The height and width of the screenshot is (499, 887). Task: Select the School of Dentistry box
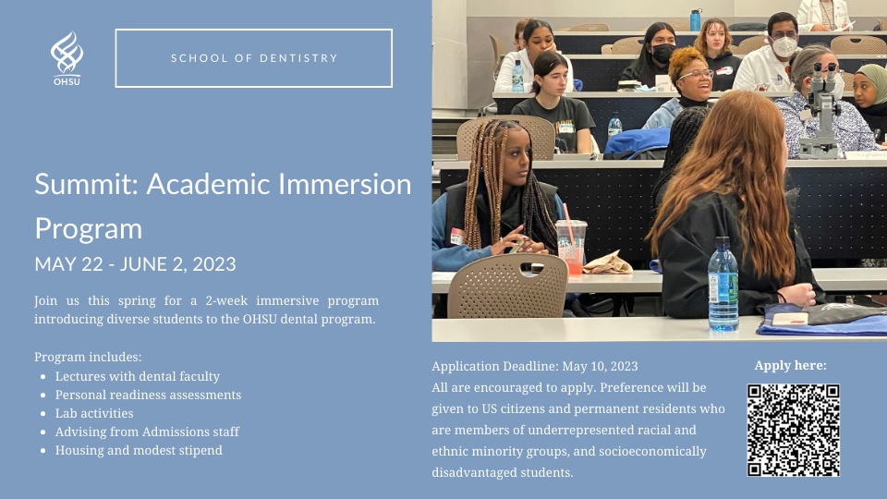click(254, 58)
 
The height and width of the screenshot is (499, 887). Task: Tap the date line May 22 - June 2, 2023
click(135, 264)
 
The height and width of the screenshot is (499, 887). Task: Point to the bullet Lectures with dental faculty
click(138, 376)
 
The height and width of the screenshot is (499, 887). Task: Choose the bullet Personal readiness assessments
click(148, 395)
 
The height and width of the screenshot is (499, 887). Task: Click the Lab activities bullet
click(94, 413)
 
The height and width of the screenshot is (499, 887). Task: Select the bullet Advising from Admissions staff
click(147, 432)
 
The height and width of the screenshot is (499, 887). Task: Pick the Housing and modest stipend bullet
click(139, 450)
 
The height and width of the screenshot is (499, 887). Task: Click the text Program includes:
click(89, 357)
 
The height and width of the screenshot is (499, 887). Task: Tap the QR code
click(793, 430)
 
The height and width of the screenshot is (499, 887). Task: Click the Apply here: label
click(790, 365)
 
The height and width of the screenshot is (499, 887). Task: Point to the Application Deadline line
click(535, 366)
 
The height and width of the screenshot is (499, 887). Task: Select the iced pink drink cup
click(570, 246)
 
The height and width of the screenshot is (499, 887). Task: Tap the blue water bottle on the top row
click(695, 19)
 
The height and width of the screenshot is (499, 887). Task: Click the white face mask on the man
click(784, 45)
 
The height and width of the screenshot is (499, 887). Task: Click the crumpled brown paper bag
click(607, 263)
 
